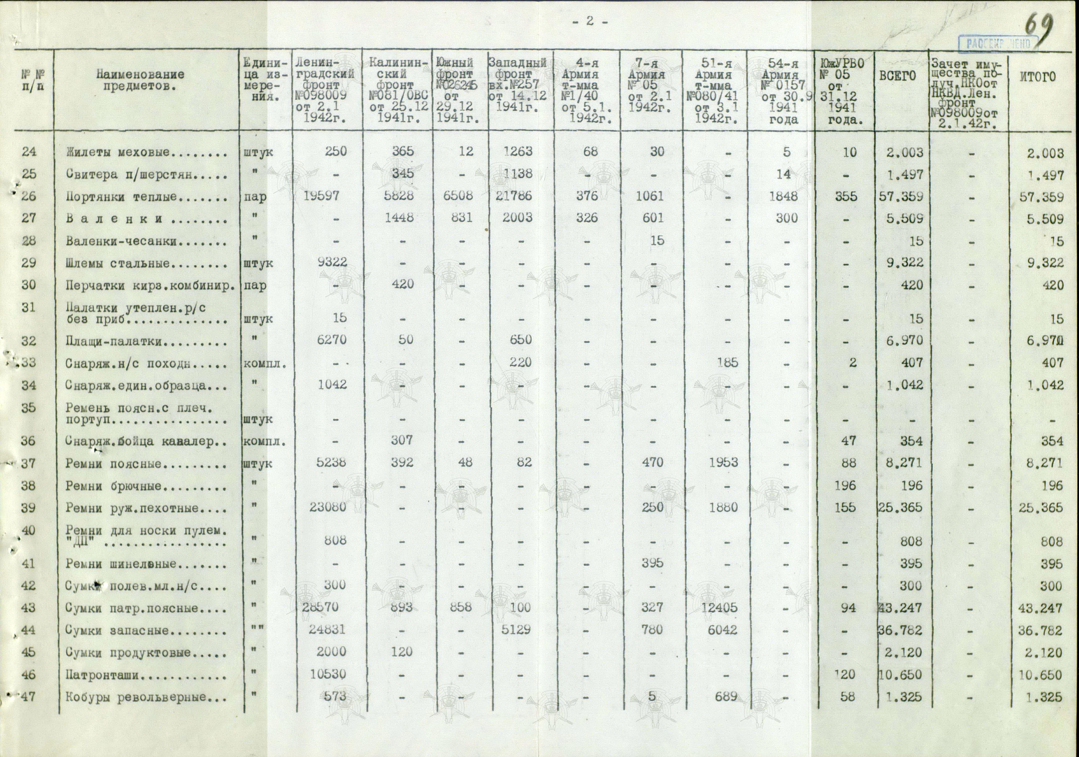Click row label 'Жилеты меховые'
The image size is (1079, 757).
pyautogui.click(x=146, y=152)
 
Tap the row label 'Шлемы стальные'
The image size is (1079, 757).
pyautogui.click(x=146, y=263)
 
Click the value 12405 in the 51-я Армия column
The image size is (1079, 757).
pyautogui.click(x=719, y=608)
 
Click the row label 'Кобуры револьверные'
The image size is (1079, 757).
pyautogui.click(x=146, y=697)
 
